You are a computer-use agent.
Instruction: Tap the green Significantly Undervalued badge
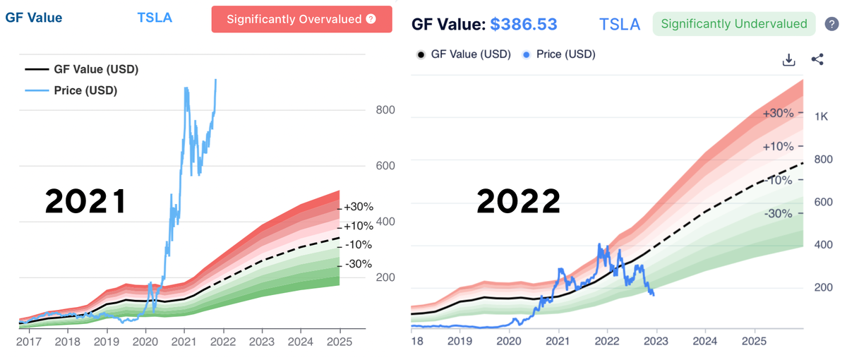pyautogui.click(x=733, y=24)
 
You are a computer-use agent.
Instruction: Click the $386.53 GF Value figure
pyautogui.click(x=524, y=25)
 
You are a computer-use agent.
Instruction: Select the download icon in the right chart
pyautogui.click(x=789, y=60)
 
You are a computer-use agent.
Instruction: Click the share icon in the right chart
pyautogui.click(x=817, y=60)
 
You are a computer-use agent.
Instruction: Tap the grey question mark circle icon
pyautogui.click(x=831, y=25)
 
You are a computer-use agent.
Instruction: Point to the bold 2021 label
pyautogui.click(x=85, y=202)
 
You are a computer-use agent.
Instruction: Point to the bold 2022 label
pyautogui.click(x=518, y=202)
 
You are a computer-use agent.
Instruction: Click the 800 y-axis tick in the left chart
pyautogui.click(x=385, y=110)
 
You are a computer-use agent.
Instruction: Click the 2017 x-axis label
pyautogui.click(x=28, y=341)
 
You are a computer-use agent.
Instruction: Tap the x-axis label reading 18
pyautogui.click(x=416, y=341)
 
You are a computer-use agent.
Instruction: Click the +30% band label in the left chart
pyautogui.click(x=359, y=207)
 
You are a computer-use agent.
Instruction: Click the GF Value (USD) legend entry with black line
pyautogui.click(x=80, y=69)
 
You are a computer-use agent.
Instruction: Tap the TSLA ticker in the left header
pyautogui.click(x=155, y=18)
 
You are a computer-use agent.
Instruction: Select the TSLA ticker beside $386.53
pyautogui.click(x=620, y=25)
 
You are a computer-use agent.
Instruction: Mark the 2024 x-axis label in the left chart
pyautogui.click(x=300, y=341)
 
